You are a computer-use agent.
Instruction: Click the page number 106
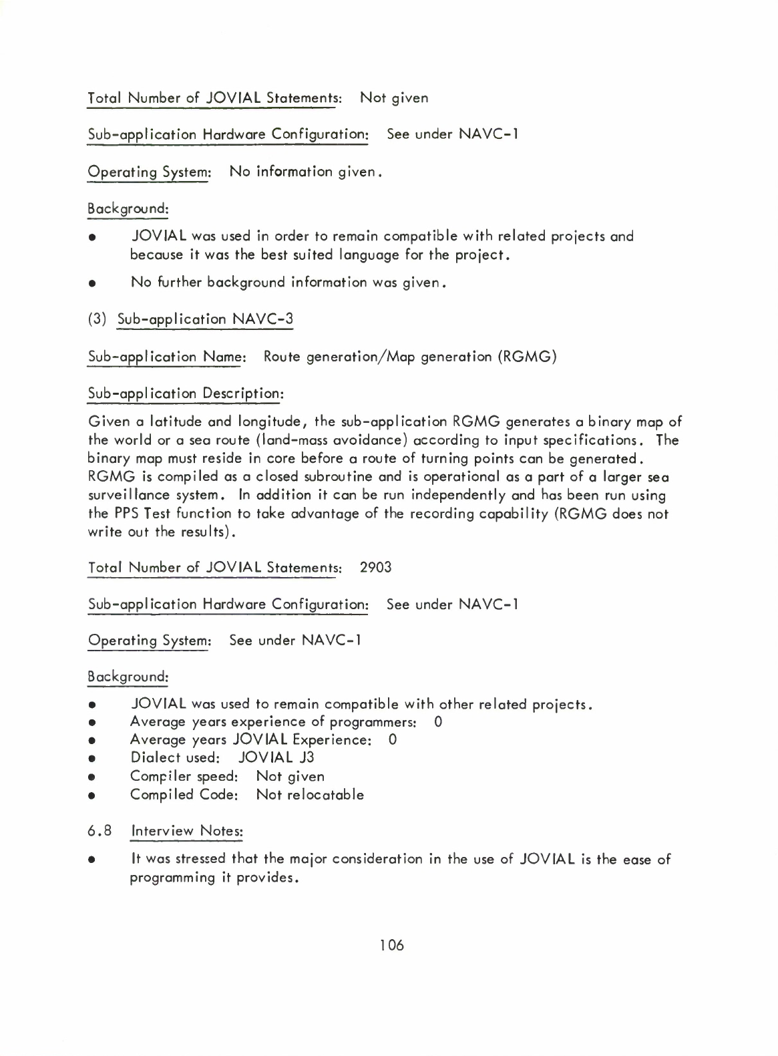(392, 945)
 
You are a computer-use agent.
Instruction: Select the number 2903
(375, 568)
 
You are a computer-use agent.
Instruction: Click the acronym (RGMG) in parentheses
(527, 357)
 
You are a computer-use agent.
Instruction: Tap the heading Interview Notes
(187, 832)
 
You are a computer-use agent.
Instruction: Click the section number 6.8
(98, 832)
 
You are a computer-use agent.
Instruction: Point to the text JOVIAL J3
(276, 757)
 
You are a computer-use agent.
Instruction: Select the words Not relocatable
(310, 795)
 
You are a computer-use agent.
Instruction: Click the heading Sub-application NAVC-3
(205, 319)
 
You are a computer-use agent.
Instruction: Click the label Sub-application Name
(167, 357)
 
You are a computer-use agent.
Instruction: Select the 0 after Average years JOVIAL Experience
(393, 739)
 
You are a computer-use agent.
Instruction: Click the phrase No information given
(305, 172)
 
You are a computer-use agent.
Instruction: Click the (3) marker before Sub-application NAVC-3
(98, 319)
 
